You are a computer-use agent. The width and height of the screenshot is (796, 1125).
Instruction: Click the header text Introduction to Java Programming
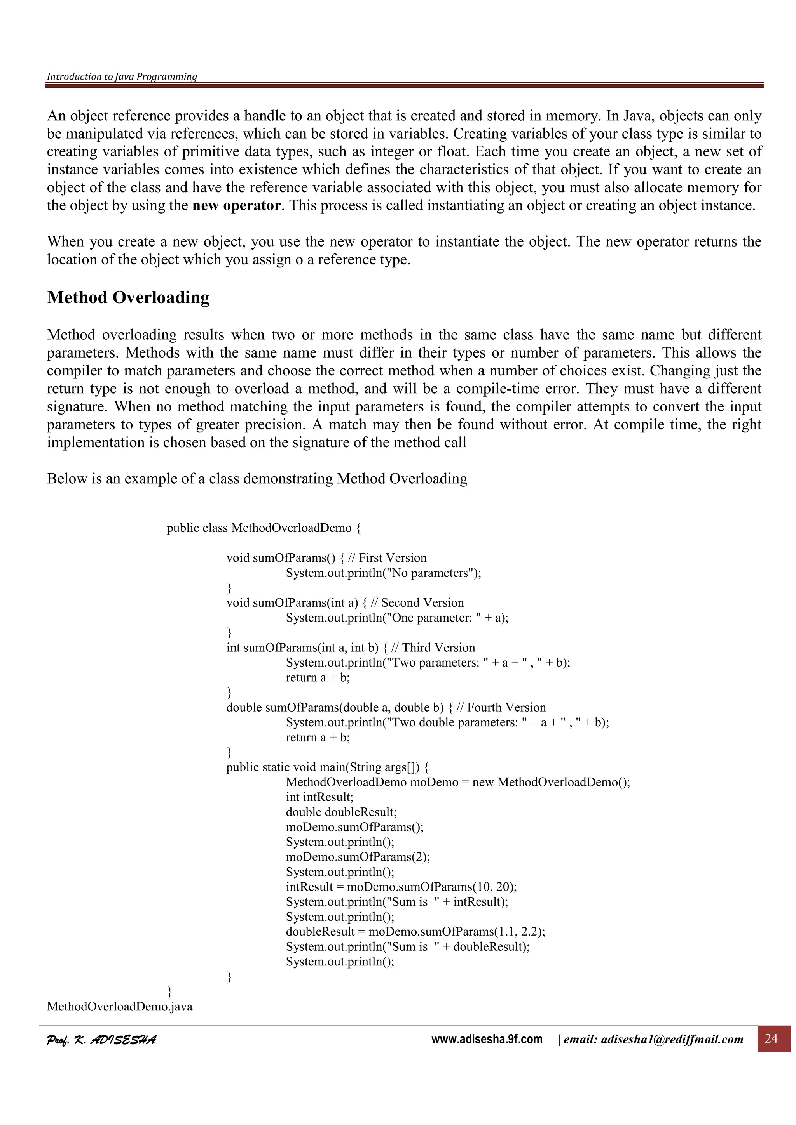coord(122,76)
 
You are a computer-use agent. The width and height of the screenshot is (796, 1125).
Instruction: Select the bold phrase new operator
coord(236,205)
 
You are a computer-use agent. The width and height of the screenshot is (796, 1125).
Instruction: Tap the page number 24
coord(771,1038)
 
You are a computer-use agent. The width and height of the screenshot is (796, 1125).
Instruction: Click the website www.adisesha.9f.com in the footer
coord(487,1039)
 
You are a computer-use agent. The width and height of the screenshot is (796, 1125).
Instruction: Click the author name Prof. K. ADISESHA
coord(101,1040)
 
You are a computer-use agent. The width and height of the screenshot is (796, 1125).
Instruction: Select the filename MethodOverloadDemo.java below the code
coord(120,1007)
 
